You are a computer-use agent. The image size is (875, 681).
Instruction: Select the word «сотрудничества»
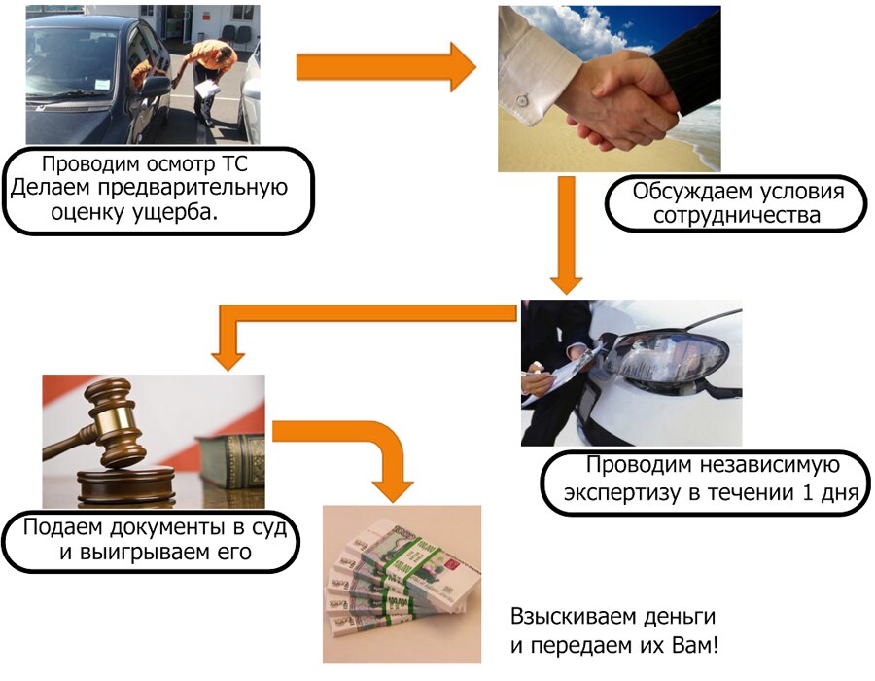[737, 215]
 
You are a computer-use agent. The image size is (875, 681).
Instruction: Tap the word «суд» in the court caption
[262, 530]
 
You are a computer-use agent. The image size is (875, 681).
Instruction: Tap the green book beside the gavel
[233, 457]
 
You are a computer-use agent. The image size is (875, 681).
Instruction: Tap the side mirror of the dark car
[156, 86]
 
